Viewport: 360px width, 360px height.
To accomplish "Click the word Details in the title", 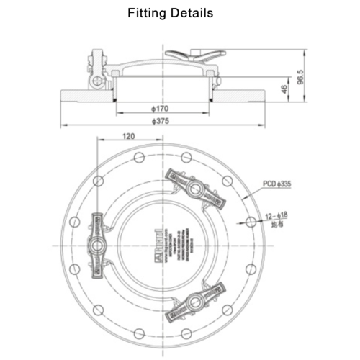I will tap(193, 13).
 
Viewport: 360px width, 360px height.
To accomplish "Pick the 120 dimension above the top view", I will tap(129, 135).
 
